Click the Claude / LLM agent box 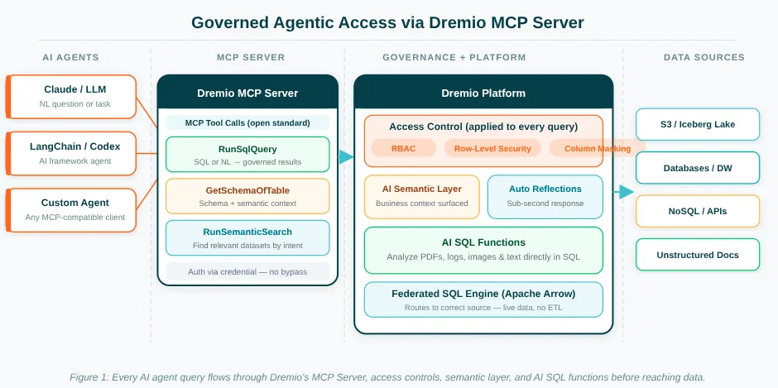[72, 96]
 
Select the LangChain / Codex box [72, 153]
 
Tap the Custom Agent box [72, 209]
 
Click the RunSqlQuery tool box [247, 155]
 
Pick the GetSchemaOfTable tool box [247, 196]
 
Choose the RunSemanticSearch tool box [247, 237]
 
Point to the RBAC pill [403, 149]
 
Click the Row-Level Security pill [493, 149]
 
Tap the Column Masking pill [597, 149]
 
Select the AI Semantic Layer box [422, 196]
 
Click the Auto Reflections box [545, 196]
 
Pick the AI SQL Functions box [483, 249]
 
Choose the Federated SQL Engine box [483, 299]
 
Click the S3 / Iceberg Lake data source [698, 124]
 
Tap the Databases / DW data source [698, 168]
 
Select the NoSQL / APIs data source [698, 211]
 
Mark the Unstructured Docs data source [698, 255]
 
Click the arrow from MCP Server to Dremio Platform [346, 157]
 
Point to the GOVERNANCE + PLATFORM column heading [454, 58]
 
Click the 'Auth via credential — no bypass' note [247, 271]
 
